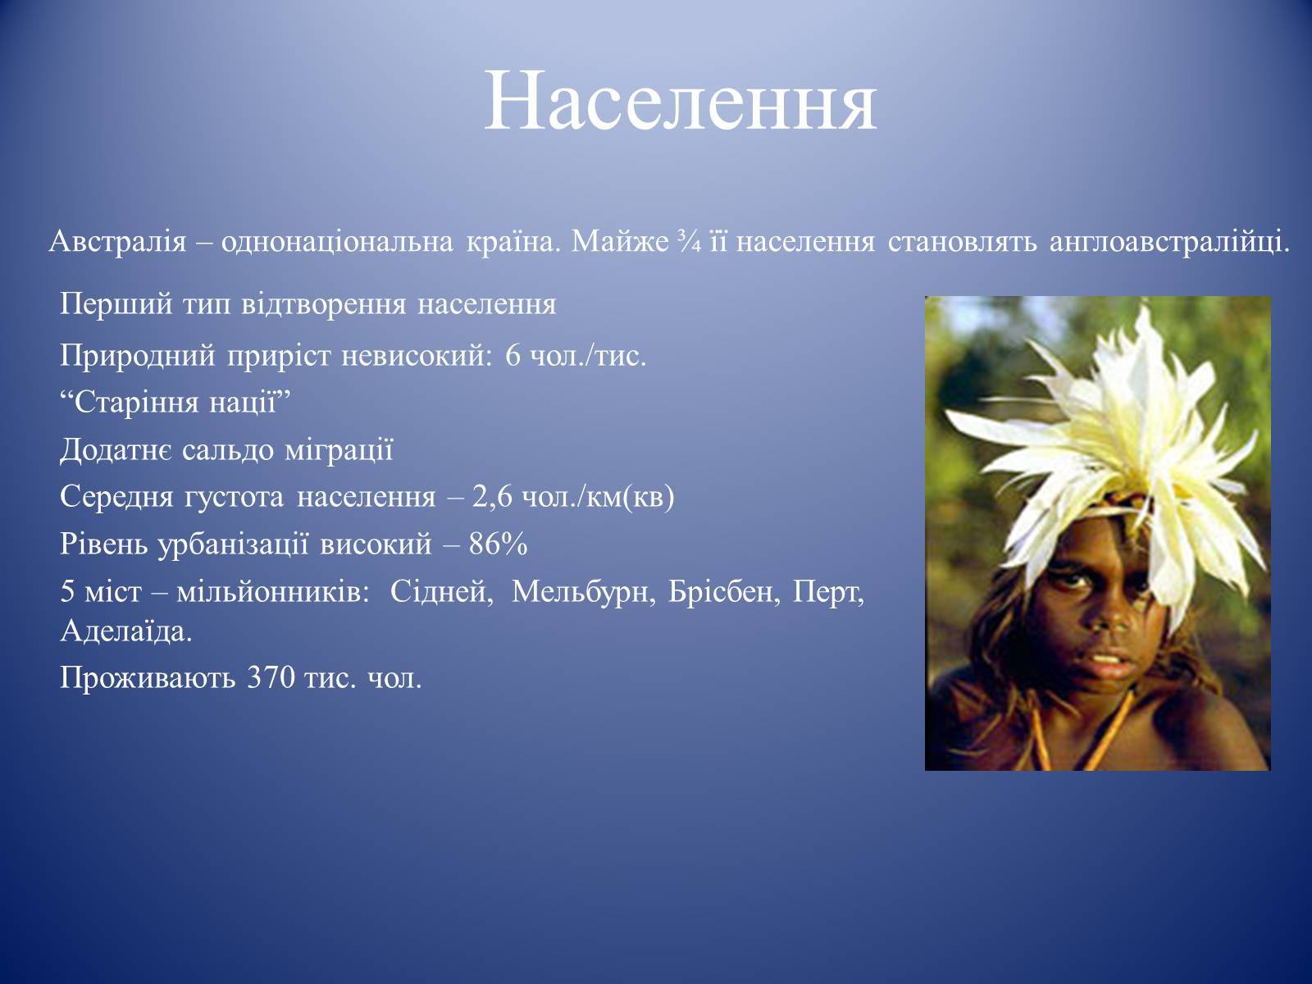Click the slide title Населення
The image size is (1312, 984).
click(x=681, y=102)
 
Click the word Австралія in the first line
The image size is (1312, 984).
click(x=118, y=242)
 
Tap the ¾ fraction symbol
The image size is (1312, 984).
click(x=689, y=242)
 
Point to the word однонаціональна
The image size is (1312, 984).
click(x=337, y=242)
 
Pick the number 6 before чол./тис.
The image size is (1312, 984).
click(x=513, y=356)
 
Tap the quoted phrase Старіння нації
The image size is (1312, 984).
click(x=175, y=402)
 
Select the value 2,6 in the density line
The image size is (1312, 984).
click(x=492, y=496)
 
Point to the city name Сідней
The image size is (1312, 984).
click(x=442, y=592)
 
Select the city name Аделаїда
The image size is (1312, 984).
click(x=126, y=631)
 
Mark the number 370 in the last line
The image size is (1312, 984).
click(x=271, y=678)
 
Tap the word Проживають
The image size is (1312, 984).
click(x=148, y=678)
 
